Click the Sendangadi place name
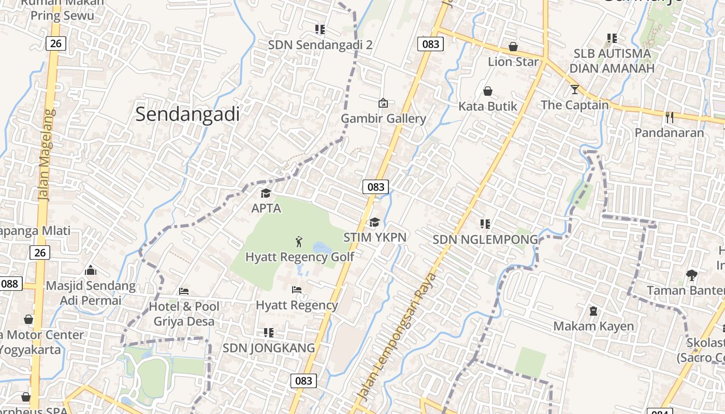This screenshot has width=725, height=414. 187,114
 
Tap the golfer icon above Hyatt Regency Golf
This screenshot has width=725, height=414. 299,241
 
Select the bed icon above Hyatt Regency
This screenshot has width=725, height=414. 297,290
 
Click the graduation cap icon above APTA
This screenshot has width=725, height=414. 266,194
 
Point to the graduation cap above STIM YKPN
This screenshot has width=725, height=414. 374,223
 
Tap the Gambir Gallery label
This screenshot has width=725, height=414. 383,119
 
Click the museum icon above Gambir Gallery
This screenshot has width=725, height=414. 383,103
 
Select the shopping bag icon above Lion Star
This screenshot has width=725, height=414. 513,47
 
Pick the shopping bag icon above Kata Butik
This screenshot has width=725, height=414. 488,92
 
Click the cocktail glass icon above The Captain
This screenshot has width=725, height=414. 574,90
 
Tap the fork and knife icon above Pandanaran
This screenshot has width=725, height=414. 670,117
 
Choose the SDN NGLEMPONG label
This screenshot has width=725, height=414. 485,240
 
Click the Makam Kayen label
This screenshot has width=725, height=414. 593,326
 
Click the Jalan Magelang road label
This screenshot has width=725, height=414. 45,155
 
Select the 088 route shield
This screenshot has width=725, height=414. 10,284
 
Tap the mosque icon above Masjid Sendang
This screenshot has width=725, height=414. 91,270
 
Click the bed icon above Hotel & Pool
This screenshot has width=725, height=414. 184,291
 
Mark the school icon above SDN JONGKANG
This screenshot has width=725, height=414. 268,333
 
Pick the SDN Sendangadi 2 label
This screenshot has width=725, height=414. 320,45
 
